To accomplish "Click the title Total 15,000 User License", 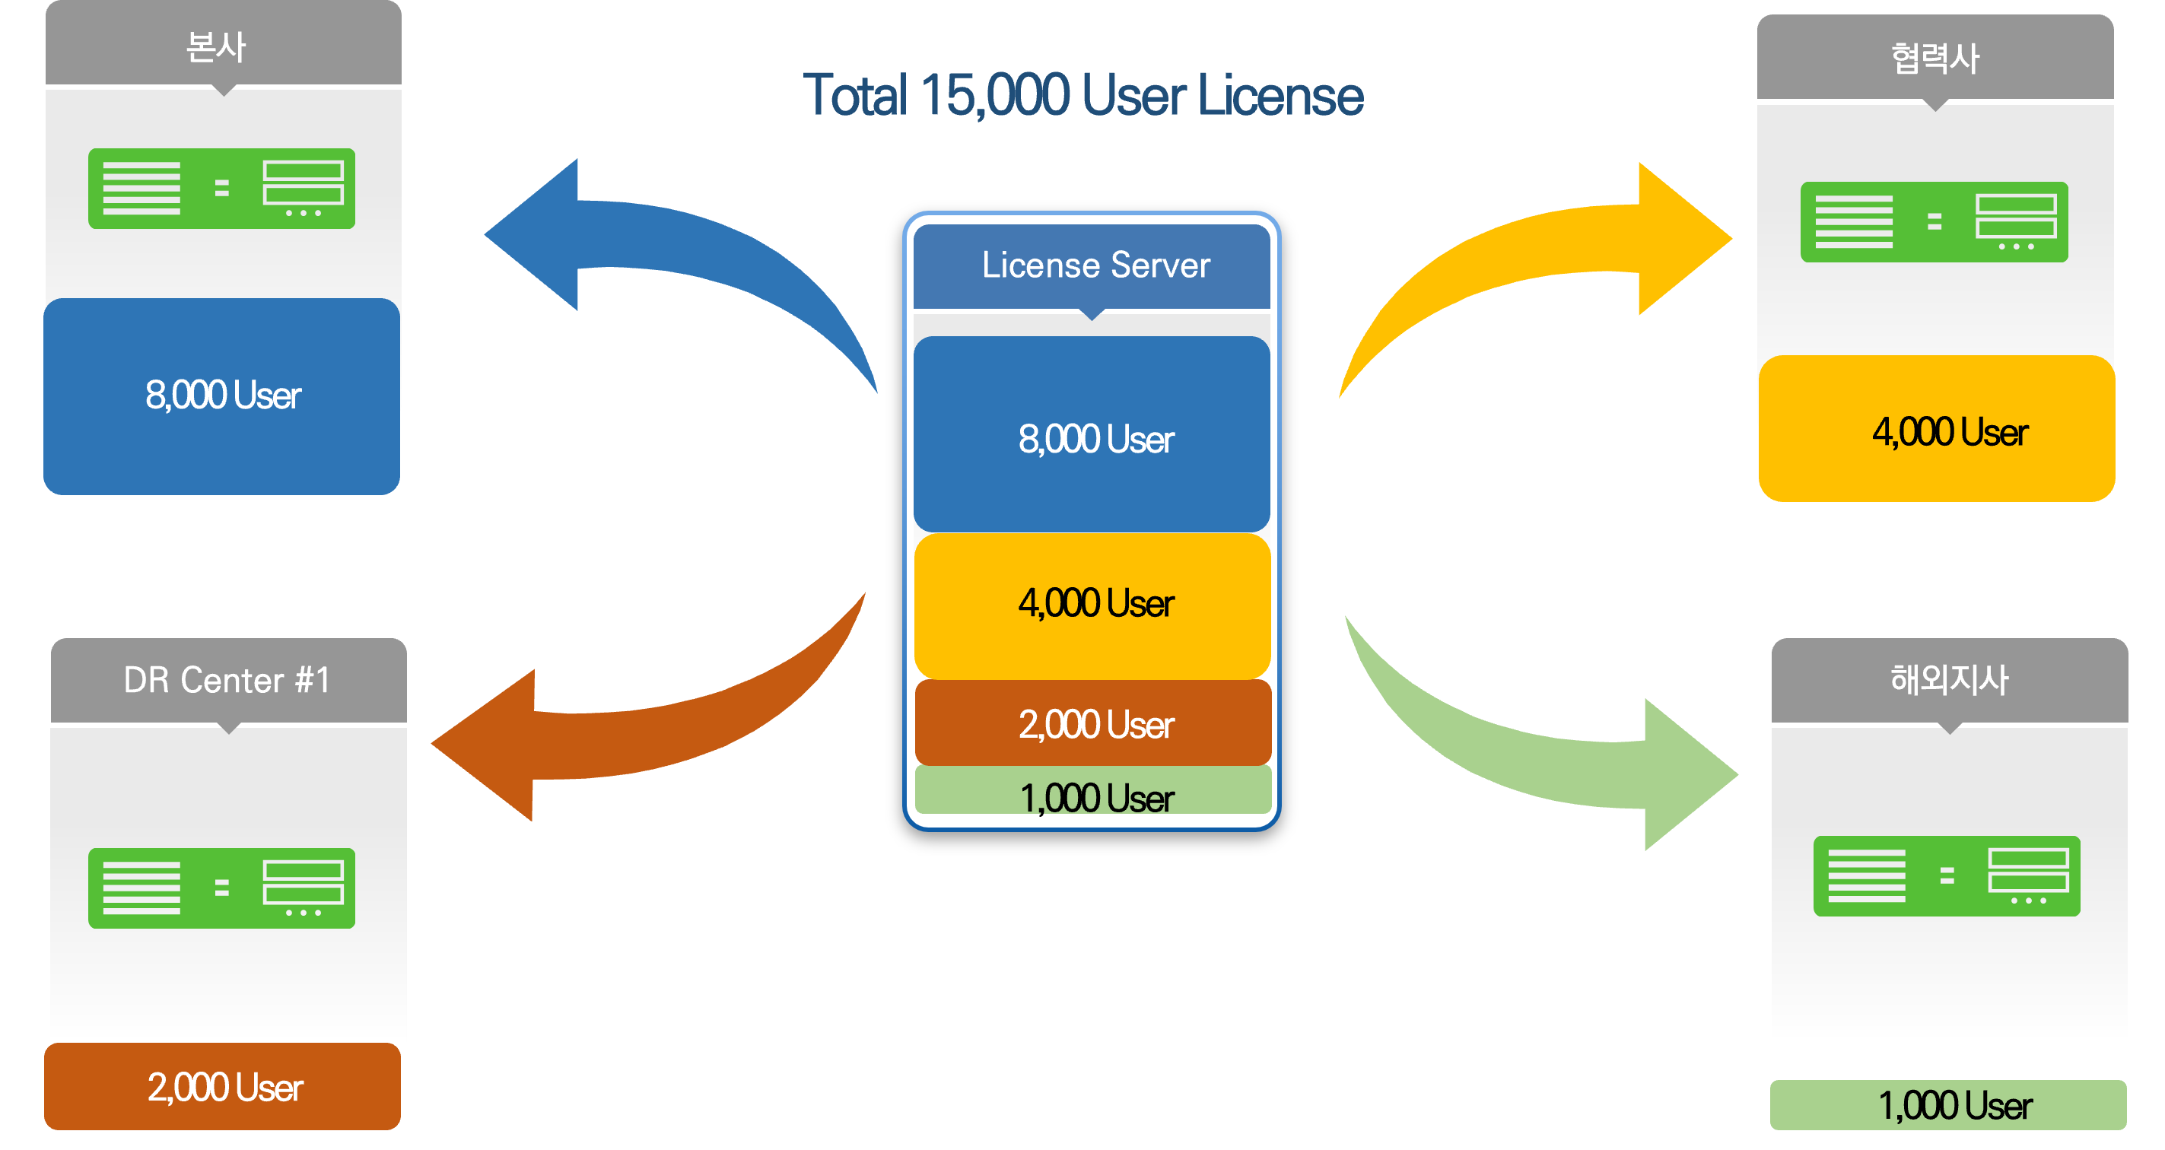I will pos(1082,95).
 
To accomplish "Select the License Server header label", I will pos(1095,265).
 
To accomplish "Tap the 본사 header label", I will pos(217,46).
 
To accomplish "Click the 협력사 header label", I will pos(1935,59).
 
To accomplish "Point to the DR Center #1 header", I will pos(227,680).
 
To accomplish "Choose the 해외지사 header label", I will pos(1949,680).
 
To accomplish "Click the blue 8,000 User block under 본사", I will pos(222,396).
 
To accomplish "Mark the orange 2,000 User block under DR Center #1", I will pos(224,1087).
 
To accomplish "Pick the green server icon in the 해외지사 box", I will pos(1947,875).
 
